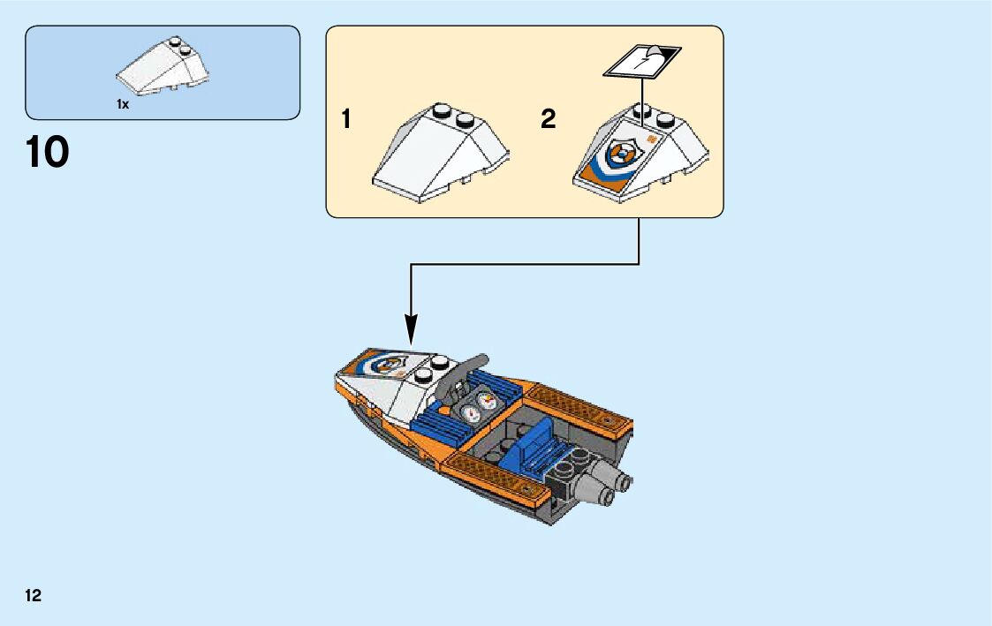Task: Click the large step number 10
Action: click(48, 152)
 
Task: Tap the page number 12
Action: click(34, 596)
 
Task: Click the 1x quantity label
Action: click(123, 104)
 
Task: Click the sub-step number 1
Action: click(346, 120)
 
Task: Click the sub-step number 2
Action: click(549, 120)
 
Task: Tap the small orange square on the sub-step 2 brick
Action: click(652, 140)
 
